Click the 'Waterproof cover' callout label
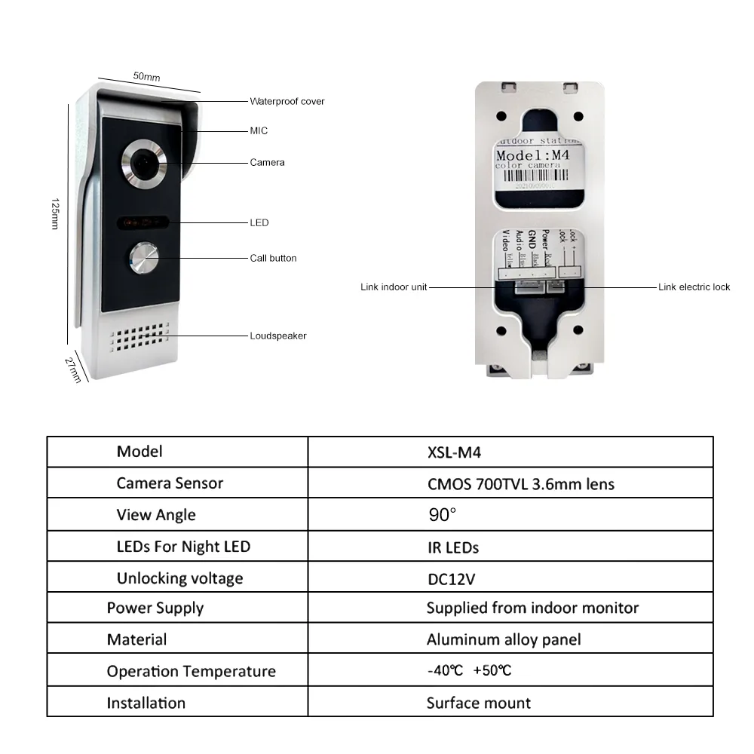tap(287, 101)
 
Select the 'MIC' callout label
tap(259, 130)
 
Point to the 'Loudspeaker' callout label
tap(278, 336)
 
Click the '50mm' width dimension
tap(146, 76)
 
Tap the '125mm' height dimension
tap(54, 214)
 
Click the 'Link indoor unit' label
tap(394, 287)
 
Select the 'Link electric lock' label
tap(694, 287)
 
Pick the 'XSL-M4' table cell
tap(454, 452)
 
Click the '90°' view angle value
tap(442, 515)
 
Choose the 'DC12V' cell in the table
tap(451, 578)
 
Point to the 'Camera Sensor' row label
tap(170, 483)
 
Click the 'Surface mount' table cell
tap(478, 703)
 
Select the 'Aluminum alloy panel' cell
tap(504, 639)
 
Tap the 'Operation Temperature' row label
tap(191, 671)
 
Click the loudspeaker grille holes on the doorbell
tap(139, 340)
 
